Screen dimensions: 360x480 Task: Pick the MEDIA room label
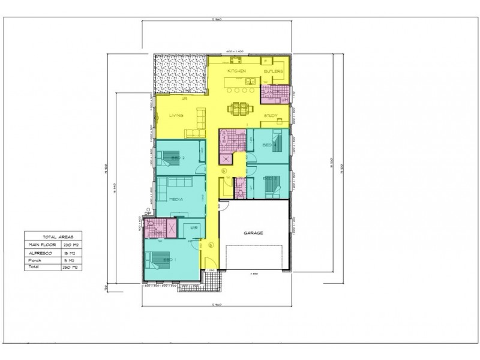pos(176,198)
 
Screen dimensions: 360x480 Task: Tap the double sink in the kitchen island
pos(252,80)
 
